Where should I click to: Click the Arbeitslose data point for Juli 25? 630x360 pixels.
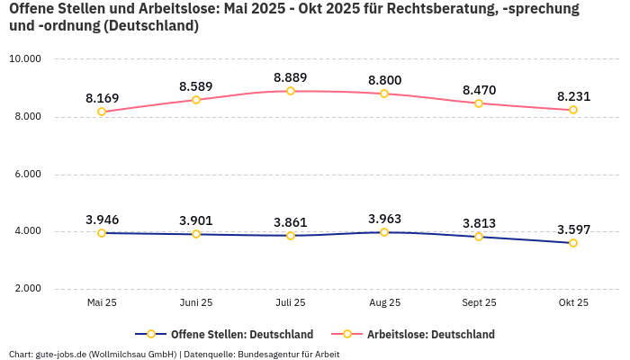pyautogui.click(x=291, y=91)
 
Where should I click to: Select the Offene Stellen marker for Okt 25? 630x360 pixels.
pyautogui.click(x=572, y=243)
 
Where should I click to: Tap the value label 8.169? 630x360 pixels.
pyautogui.click(x=102, y=98)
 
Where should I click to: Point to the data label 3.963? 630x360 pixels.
pyautogui.click(x=384, y=219)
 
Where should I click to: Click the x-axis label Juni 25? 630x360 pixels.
pyautogui.click(x=196, y=303)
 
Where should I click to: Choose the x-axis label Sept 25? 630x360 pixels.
pyautogui.click(x=479, y=303)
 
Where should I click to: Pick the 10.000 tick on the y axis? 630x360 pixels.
pyautogui.click(x=25, y=59)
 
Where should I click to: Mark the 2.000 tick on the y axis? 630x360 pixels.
pyautogui.click(x=25, y=289)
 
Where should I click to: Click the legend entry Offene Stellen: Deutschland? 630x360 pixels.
pyautogui.click(x=231, y=335)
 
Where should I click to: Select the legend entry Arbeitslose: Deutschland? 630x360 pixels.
pyautogui.click(x=430, y=335)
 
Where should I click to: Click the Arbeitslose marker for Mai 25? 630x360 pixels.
pyautogui.click(x=102, y=112)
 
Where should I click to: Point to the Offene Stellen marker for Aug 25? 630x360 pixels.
pyautogui.click(x=384, y=232)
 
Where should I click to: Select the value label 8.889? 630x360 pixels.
pyautogui.click(x=291, y=77)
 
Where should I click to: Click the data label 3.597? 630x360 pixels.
pyautogui.click(x=572, y=229)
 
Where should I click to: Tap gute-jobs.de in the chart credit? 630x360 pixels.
pyautogui.click(x=61, y=354)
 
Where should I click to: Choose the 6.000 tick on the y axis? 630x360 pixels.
pyautogui.click(x=25, y=175)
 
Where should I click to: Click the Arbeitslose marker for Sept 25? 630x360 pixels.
pyautogui.click(x=479, y=103)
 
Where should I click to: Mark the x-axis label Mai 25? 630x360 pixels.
pyautogui.click(x=102, y=303)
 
